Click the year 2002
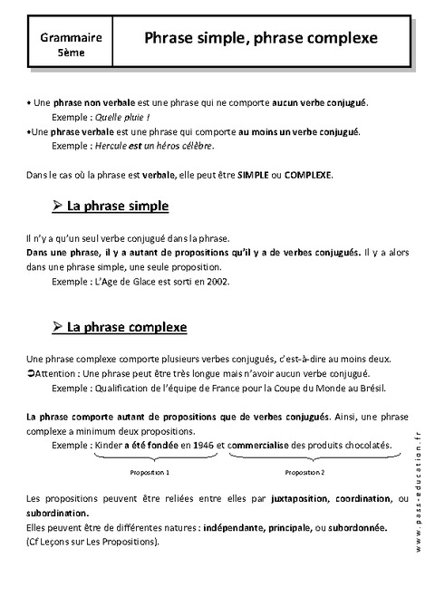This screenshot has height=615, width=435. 216,281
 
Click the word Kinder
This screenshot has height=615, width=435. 109,445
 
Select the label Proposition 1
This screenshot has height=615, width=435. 151,473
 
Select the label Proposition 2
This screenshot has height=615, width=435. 304,473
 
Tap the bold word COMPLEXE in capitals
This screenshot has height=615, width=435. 308,173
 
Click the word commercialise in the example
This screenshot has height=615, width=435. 259,445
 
